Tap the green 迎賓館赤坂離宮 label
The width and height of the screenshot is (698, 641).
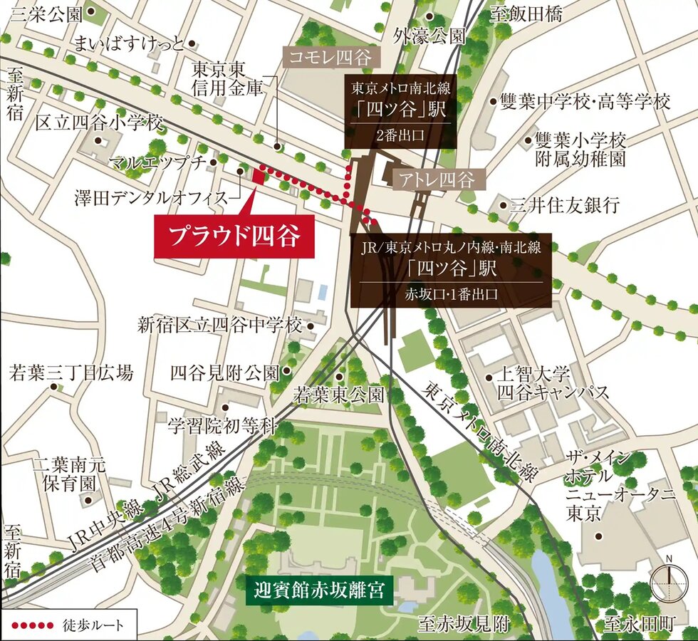pyautogui.click(x=319, y=590)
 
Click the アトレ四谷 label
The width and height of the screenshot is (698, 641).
pyautogui.click(x=437, y=179)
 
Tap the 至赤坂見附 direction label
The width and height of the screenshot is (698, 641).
pyautogui.click(x=464, y=625)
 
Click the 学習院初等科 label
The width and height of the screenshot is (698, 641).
pyautogui.click(x=221, y=426)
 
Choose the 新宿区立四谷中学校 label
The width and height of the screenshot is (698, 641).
pyautogui.click(x=220, y=326)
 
